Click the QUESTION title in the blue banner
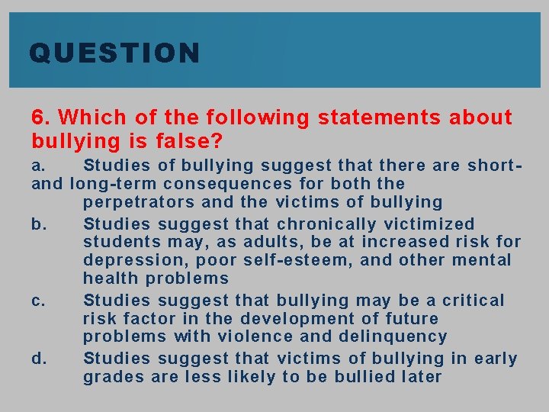(x=114, y=53)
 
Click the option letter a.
(x=39, y=166)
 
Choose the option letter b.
(x=39, y=224)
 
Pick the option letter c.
(x=39, y=301)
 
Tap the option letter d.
(x=39, y=359)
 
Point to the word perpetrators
(x=139, y=202)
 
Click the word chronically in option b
(x=326, y=224)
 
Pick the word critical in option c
(x=474, y=301)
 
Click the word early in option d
(x=496, y=359)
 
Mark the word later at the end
(x=419, y=377)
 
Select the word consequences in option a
(x=228, y=184)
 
